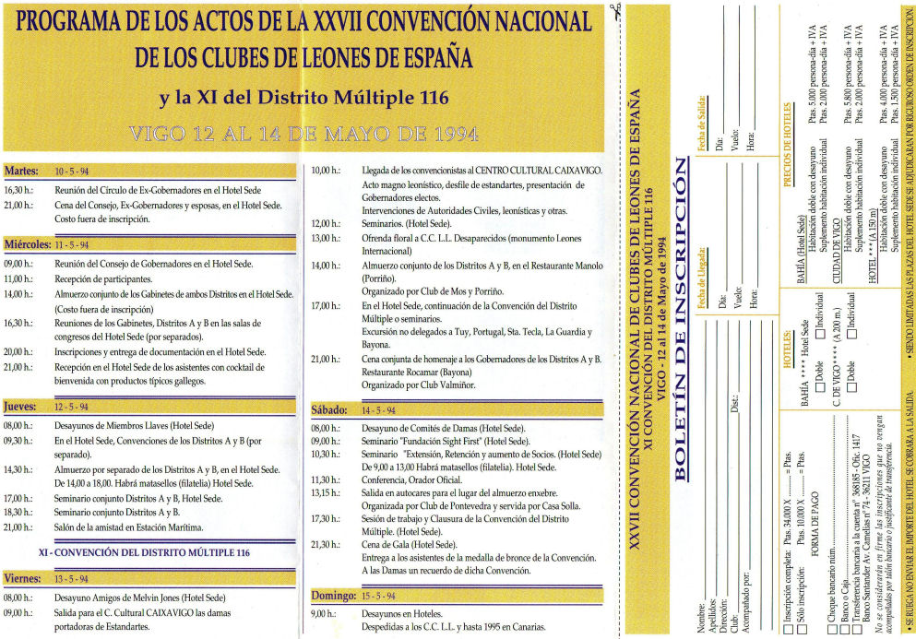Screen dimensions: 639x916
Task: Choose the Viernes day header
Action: tap(23, 579)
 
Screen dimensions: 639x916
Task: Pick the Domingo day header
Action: tap(332, 596)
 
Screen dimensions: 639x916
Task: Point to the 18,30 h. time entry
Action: tap(19, 512)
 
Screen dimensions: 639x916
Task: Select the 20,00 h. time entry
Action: tap(19, 352)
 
